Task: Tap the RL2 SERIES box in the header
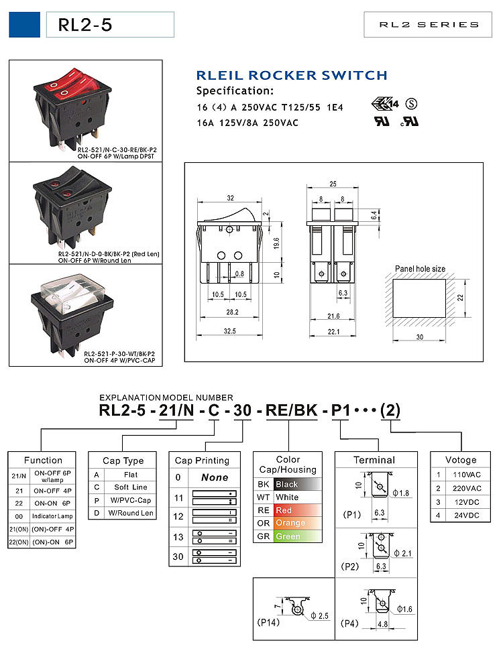point(429,25)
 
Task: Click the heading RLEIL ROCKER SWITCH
point(292,76)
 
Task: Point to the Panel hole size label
point(420,269)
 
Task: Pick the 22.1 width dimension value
point(333,331)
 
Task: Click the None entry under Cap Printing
point(215,477)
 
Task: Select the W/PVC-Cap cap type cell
point(131,500)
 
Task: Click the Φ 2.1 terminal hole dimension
point(402,553)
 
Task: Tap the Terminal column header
point(374,460)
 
